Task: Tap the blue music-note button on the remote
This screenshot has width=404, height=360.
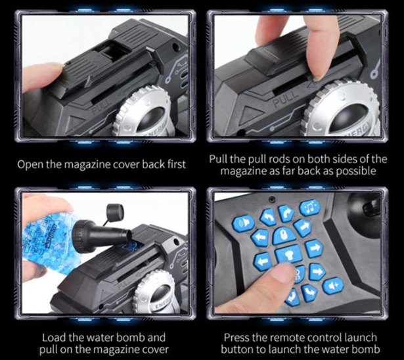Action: tap(309, 207)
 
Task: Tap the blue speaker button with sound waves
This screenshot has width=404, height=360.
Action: tap(242, 223)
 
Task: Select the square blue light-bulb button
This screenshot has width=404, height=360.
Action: tap(288, 254)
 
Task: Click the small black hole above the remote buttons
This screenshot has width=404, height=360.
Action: tap(272, 198)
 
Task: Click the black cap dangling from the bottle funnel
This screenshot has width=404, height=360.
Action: tap(115, 212)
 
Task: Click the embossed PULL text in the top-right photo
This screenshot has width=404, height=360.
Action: tap(286, 98)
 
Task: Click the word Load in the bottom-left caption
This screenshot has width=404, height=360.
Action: tap(54, 337)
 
